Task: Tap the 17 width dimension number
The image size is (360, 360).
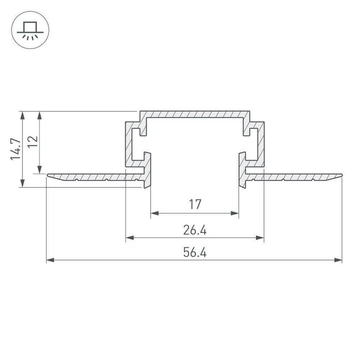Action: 194,204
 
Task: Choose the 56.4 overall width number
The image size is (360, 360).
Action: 194,252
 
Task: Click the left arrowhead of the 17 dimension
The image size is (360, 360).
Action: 154,213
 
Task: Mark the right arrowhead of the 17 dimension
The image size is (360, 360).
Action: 234,213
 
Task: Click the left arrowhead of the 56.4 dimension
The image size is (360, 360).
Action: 50,260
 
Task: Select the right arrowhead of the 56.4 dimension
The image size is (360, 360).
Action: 338,260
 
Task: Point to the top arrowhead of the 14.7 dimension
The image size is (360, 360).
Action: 22,115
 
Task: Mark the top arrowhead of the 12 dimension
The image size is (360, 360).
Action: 40,115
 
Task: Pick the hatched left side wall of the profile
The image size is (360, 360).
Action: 129,145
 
